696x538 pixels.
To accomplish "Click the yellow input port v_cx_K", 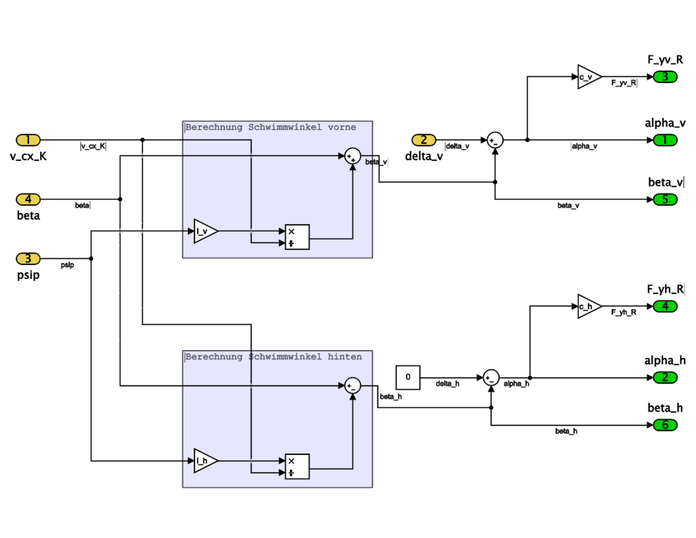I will (x=28, y=140).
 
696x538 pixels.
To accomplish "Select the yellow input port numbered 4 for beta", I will (x=28, y=199).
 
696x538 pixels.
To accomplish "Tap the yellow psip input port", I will (x=28, y=259).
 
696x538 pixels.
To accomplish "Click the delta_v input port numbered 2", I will (x=424, y=140).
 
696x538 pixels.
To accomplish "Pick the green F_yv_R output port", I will (x=665, y=77).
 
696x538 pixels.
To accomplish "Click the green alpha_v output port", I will (x=665, y=140).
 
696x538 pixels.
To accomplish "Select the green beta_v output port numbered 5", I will (x=665, y=199).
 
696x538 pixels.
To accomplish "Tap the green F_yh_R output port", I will (x=665, y=306).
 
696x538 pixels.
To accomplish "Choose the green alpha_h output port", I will (x=665, y=378).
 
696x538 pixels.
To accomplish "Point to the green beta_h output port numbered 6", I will (x=665, y=425).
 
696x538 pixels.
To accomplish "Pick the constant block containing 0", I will (x=408, y=378).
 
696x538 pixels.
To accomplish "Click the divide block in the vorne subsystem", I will (x=297, y=237).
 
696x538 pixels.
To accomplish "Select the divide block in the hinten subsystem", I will (x=297, y=467).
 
